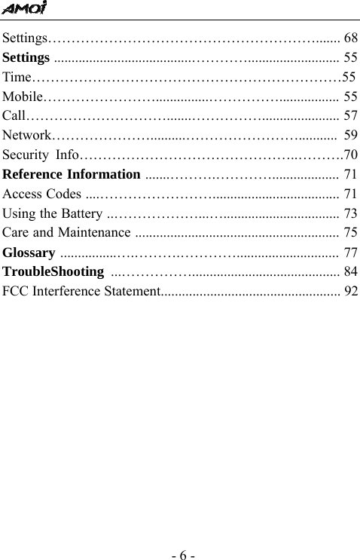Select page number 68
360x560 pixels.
[x=350, y=37]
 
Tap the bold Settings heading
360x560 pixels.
[x=27, y=57]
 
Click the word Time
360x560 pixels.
[x=17, y=77]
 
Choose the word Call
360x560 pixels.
[x=14, y=116]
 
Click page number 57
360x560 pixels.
[x=350, y=116]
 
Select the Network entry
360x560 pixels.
[x=27, y=136]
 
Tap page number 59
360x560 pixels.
[x=350, y=136]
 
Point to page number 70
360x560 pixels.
[x=350, y=155]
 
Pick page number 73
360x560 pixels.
[x=350, y=214]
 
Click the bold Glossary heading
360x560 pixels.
[x=29, y=252]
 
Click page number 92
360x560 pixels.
[x=350, y=291]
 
